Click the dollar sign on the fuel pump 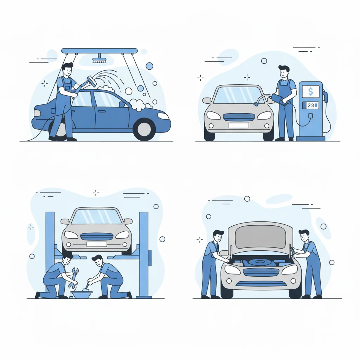click(310, 92)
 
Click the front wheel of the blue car click(144, 129)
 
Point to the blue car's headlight click(163, 116)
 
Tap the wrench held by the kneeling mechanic click(73, 278)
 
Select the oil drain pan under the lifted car click(82, 294)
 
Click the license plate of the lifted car click(97, 244)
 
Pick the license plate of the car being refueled click(239, 126)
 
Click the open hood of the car click(260, 235)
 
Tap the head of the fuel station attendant click(284, 72)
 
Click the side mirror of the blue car click(122, 104)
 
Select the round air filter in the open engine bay click(260, 262)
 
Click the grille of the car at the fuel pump click(239, 117)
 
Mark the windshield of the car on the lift click(97, 217)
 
